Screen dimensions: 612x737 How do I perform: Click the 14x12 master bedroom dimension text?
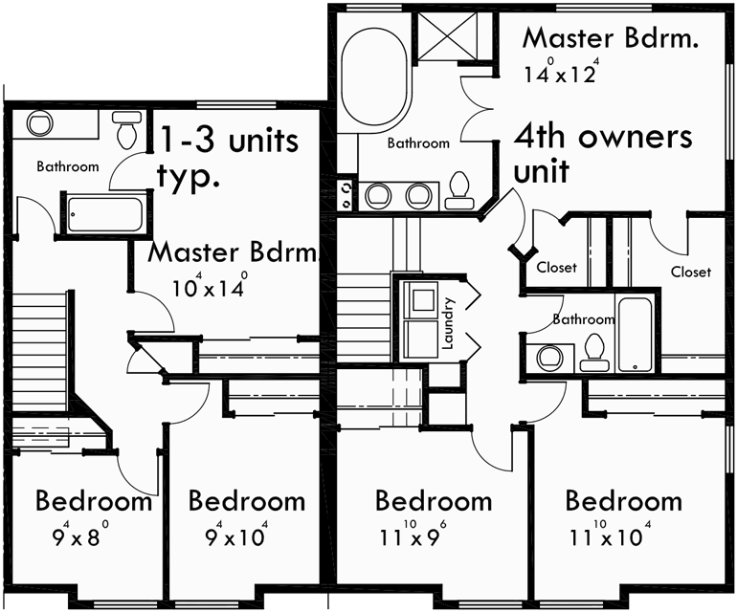click(x=561, y=73)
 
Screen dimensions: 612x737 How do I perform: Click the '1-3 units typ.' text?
click(x=228, y=157)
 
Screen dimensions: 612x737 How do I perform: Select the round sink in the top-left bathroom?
click(x=40, y=124)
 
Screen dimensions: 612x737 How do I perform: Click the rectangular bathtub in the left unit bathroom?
click(x=104, y=214)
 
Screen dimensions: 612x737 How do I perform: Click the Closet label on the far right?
click(x=690, y=272)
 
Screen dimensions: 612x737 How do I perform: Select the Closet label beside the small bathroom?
click(x=556, y=268)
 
